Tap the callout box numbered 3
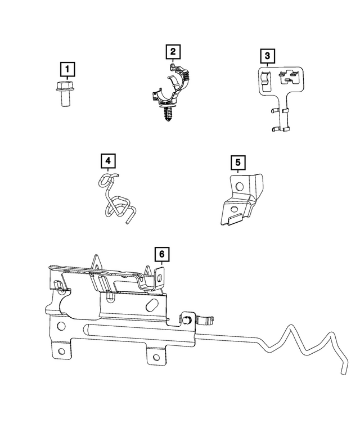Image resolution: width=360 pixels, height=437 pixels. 268,56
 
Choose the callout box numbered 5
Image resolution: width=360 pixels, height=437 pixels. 238,163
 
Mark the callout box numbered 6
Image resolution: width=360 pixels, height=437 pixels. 161,254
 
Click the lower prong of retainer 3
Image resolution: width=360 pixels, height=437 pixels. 281,130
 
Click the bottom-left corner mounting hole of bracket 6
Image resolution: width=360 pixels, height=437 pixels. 61,353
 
